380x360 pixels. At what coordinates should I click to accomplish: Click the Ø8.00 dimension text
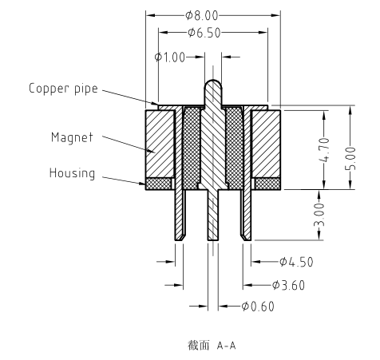(202, 16)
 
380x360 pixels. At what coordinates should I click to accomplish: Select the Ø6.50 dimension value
(204, 33)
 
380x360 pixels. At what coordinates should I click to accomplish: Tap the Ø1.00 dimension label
(170, 57)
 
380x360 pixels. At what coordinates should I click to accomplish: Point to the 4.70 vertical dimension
(324, 149)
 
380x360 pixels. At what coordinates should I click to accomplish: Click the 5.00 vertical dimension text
(350, 159)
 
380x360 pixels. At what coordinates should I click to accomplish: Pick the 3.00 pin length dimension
(319, 215)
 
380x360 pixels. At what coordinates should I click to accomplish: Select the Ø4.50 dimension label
(296, 262)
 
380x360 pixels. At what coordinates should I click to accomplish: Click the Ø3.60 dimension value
(288, 285)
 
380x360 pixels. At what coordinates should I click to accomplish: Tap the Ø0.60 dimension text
(258, 307)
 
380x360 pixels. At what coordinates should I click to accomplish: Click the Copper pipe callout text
(63, 89)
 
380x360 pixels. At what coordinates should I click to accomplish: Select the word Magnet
(72, 137)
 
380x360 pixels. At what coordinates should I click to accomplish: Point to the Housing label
(72, 173)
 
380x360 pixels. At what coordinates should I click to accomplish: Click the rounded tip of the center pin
(213, 80)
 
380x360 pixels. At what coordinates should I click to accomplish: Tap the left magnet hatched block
(160, 144)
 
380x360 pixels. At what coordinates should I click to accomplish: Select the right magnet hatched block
(266, 144)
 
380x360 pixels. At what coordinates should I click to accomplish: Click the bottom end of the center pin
(213, 240)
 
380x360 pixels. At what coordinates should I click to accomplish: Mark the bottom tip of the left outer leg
(179, 240)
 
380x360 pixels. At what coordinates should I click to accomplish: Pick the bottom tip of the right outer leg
(247, 240)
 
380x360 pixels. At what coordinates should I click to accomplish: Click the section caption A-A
(227, 346)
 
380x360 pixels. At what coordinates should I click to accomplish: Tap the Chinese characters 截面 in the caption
(199, 346)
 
